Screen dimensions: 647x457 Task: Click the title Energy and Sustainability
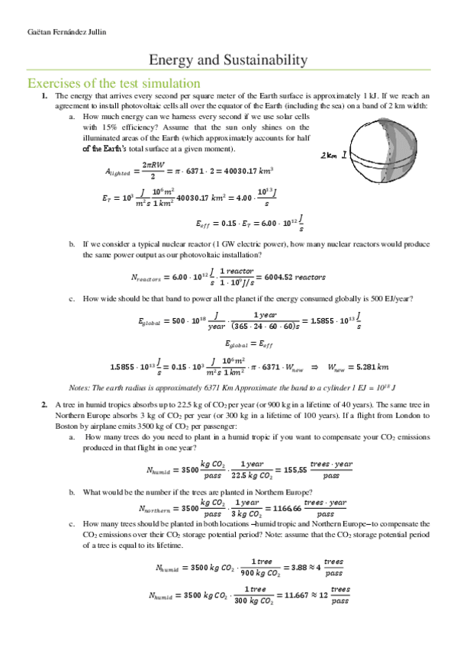pos(228,60)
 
